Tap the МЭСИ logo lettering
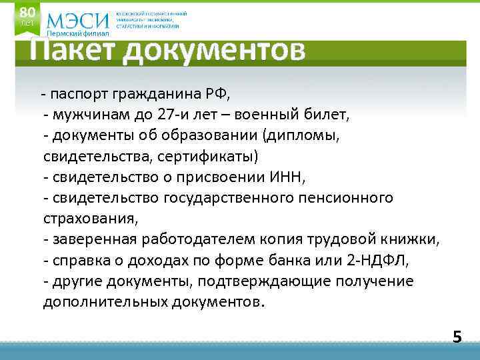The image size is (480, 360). (79, 20)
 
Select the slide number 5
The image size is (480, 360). (457, 337)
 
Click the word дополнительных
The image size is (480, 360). (103, 302)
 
